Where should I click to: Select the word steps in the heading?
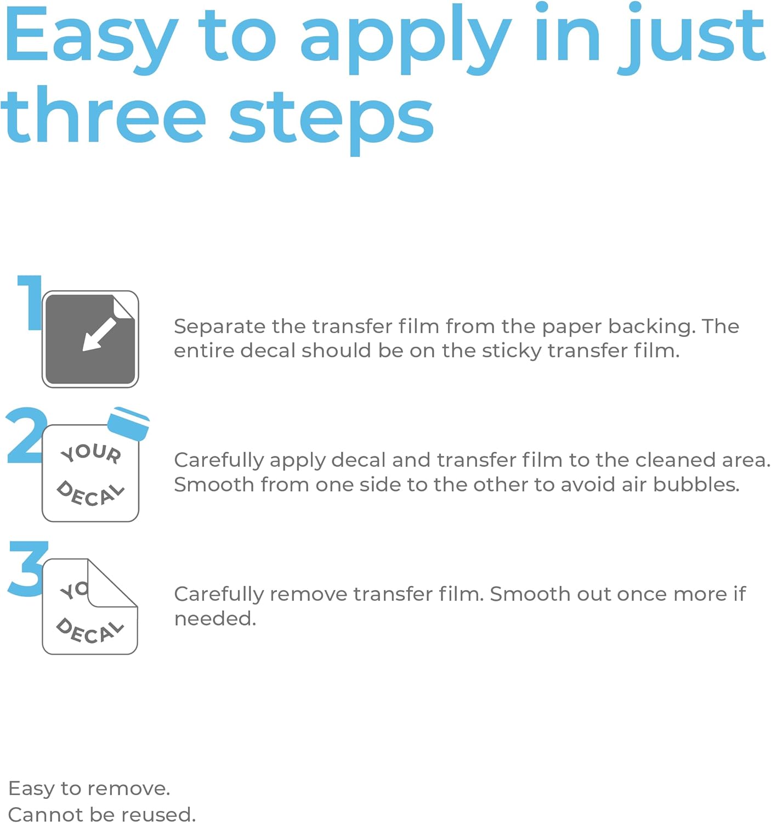(x=331, y=121)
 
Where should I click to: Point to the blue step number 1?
(x=30, y=302)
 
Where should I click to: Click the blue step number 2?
(x=26, y=435)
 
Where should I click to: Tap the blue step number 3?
(x=27, y=568)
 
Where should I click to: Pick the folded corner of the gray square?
(x=123, y=307)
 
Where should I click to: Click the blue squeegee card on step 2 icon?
(x=128, y=424)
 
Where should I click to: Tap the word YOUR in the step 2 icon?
(x=91, y=453)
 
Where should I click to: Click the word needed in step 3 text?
(x=215, y=619)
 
